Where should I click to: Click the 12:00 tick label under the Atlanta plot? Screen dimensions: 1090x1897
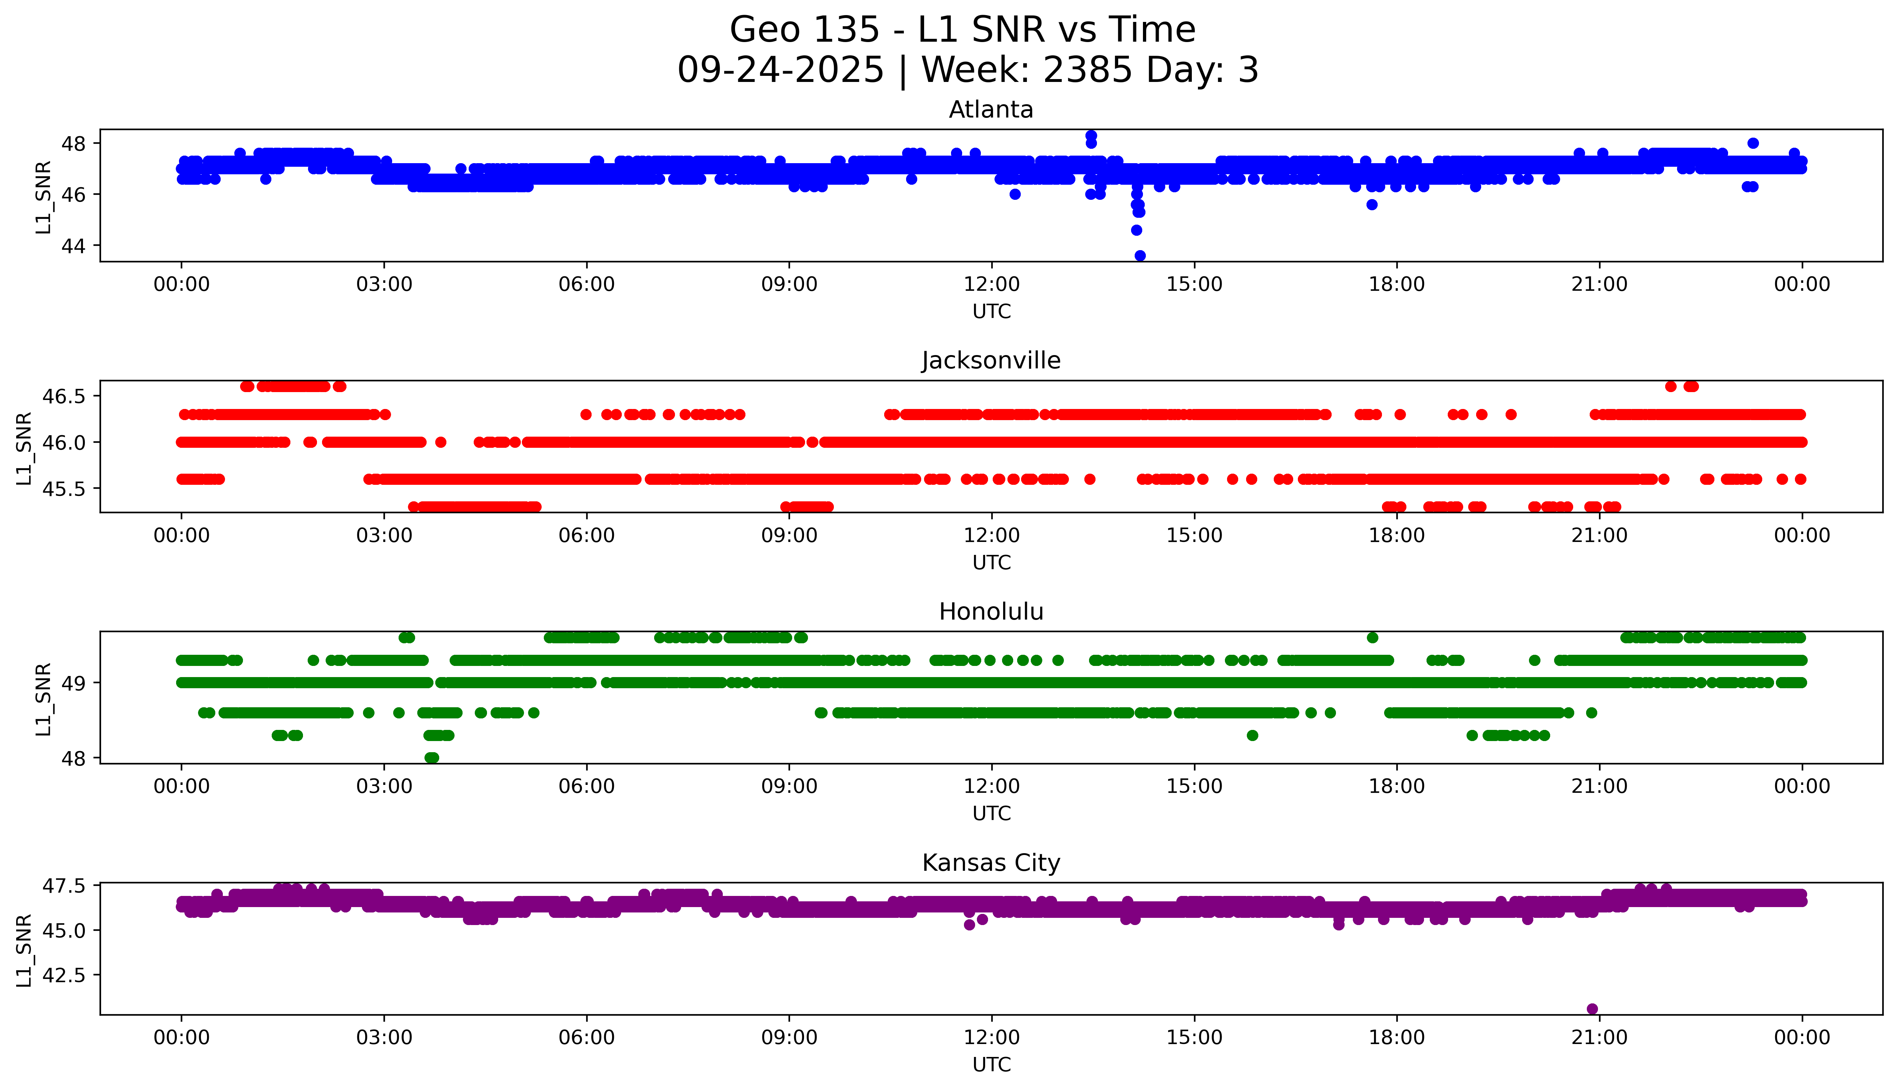[x=991, y=285]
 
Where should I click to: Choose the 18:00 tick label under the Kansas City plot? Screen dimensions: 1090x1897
[x=1397, y=1038]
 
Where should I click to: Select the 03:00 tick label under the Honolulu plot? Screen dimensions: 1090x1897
[x=384, y=786]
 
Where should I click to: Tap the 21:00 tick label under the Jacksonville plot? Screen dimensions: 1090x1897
[x=1599, y=535]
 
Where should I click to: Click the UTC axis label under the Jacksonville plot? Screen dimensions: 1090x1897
[x=991, y=562]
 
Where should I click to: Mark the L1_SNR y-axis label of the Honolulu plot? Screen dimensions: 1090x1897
[x=43, y=699]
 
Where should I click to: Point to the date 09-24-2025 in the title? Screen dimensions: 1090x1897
[x=781, y=70]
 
